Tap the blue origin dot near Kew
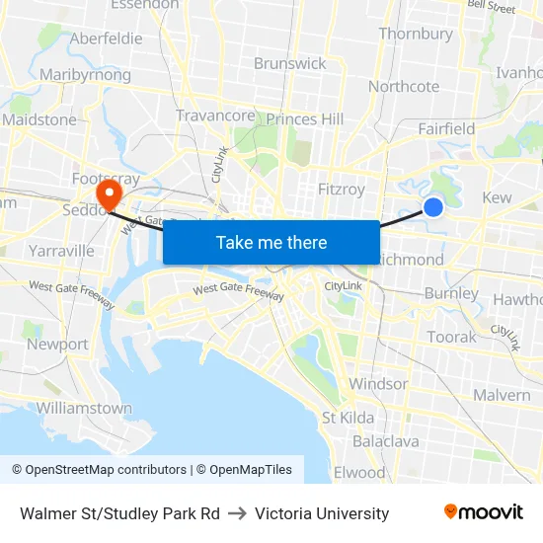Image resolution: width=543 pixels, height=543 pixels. pos(432,206)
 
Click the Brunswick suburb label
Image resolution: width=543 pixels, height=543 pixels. pos(289,63)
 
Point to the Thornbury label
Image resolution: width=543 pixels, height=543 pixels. pos(416,34)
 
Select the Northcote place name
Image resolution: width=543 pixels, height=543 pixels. pos(404,86)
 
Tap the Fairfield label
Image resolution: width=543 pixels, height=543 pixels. pos(446,128)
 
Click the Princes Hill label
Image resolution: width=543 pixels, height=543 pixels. pos(305,118)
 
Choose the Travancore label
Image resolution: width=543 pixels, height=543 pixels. pos(215,116)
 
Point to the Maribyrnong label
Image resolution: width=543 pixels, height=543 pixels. pos(85,74)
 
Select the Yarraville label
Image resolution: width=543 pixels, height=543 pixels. pos(61,251)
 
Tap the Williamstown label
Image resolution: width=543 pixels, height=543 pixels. pos(84,408)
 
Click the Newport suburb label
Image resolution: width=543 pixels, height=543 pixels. pos(57,345)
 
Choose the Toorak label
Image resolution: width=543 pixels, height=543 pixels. pos(451,337)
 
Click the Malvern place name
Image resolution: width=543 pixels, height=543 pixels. pos(502,395)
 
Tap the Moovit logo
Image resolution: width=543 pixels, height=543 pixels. pos(483,511)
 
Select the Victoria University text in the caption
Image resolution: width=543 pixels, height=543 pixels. pos(322,513)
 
